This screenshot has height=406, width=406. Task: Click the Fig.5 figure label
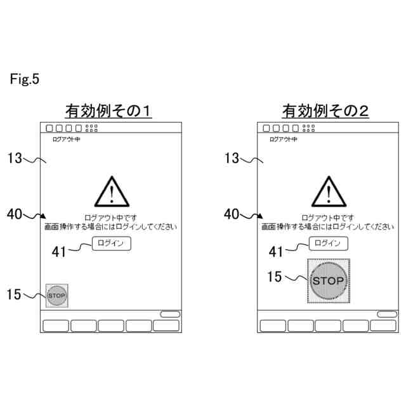pyautogui.click(x=25, y=79)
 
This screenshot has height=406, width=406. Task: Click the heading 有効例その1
pyautogui.click(x=110, y=112)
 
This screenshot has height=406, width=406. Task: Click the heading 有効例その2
pyautogui.click(x=325, y=112)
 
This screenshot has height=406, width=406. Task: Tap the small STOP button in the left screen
pyautogui.click(x=57, y=295)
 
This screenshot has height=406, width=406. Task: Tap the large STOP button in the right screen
pyautogui.click(x=329, y=280)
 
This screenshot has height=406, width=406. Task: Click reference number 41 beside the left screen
pyautogui.click(x=59, y=252)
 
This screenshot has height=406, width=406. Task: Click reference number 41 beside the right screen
pyautogui.click(x=276, y=252)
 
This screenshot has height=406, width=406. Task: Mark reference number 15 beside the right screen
pyautogui.click(x=275, y=277)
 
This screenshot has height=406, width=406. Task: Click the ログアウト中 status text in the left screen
pyautogui.click(x=66, y=138)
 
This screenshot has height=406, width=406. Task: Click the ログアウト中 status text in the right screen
pyautogui.click(x=283, y=138)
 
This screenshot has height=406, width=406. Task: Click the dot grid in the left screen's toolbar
pyautogui.click(x=91, y=128)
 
